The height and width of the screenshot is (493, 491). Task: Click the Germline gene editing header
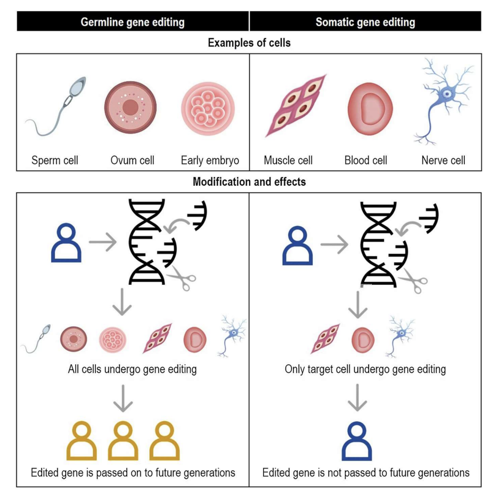point(133,22)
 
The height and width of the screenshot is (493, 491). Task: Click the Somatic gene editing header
point(365,22)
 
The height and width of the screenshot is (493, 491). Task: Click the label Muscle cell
point(288,160)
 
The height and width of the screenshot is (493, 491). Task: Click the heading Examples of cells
point(249,43)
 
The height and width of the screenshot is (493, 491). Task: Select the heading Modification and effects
point(249,182)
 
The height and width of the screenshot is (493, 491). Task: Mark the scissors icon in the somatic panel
point(413,281)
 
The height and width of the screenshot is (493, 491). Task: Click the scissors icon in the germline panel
point(182,278)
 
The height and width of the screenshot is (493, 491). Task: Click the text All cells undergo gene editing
point(132,369)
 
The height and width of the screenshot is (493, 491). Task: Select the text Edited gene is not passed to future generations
point(366,472)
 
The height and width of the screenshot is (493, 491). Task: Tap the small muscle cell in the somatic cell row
point(326,339)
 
